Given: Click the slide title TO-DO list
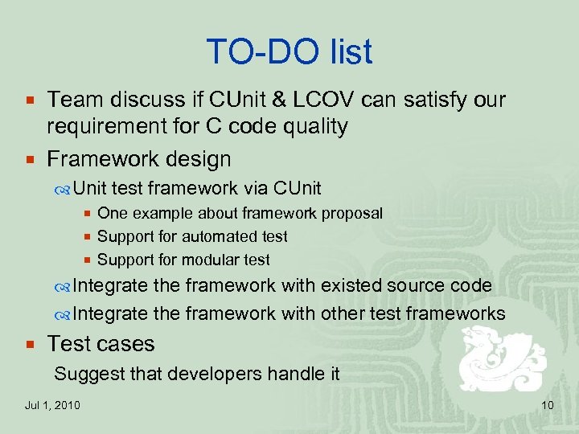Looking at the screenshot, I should pyautogui.click(x=289, y=52).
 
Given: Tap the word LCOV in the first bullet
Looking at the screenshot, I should pyautogui.click(x=329, y=100).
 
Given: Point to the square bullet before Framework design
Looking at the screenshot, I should pyautogui.click(x=30, y=160).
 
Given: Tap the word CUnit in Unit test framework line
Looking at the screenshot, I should pyautogui.click(x=297, y=189).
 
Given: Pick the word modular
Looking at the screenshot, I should pyautogui.click(x=211, y=260).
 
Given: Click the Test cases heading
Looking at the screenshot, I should pyautogui.click(x=101, y=344).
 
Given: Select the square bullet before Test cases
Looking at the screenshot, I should pyautogui.click(x=30, y=345).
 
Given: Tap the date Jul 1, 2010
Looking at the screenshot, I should pyautogui.click(x=52, y=405).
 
